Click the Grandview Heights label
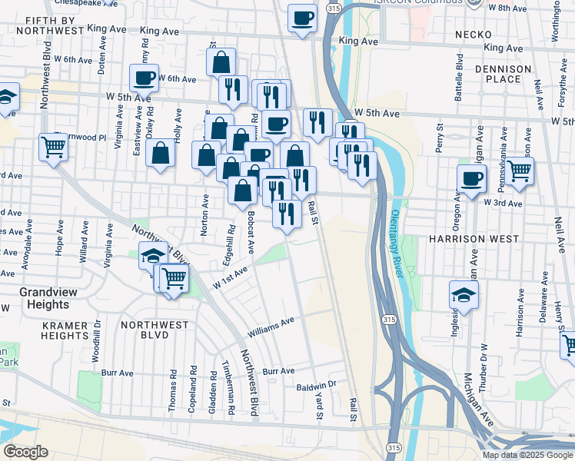point(44,298)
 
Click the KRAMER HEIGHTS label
point(65,330)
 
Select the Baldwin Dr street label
point(317,385)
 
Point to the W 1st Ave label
point(231,278)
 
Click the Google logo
point(25,451)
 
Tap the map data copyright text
point(527,455)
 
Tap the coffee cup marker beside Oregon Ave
point(472,178)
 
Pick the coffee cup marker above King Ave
point(303,17)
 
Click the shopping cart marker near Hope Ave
point(54,145)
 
